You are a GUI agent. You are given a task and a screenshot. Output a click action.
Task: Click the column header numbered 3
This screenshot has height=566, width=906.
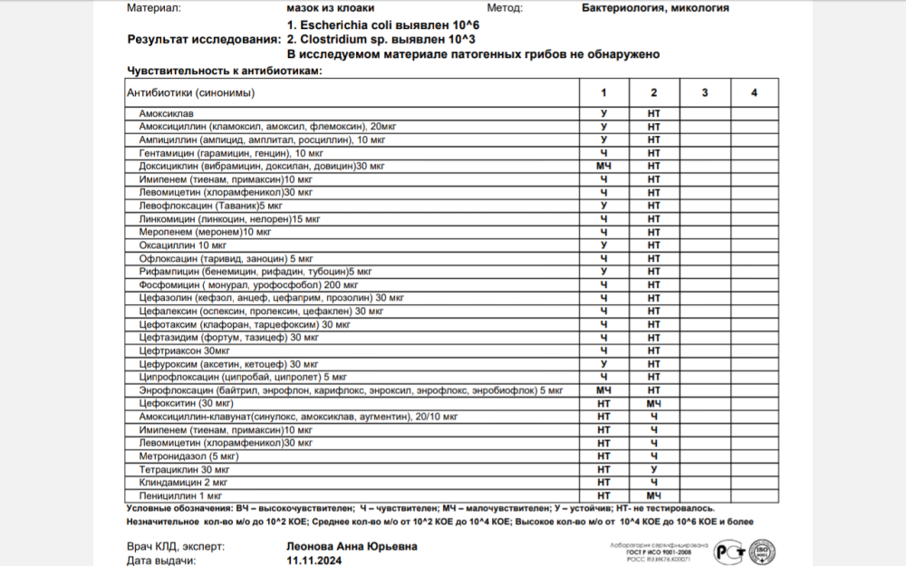(704, 92)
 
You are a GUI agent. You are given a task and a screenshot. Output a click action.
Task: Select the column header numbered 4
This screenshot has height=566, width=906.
(754, 92)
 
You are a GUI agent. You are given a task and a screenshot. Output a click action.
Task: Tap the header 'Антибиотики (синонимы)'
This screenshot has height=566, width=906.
(190, 92)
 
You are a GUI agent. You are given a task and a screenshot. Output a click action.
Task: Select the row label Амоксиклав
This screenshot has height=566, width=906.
(165, 114)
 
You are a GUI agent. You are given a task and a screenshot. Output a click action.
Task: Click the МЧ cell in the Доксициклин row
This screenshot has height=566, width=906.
(603, 167)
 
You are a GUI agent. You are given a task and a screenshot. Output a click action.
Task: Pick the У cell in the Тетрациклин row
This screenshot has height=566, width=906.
(653, 470)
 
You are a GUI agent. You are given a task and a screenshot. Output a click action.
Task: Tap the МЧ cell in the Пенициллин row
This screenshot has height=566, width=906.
(653, 496)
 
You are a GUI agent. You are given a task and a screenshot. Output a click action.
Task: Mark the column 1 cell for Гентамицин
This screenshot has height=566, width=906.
(603, 154)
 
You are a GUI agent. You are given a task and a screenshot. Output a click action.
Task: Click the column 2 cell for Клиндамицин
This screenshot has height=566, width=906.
(653, 483)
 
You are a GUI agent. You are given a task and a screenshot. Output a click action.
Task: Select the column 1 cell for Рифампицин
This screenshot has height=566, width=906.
(603, 272)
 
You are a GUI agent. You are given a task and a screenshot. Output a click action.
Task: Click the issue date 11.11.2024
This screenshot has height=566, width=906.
(314, 561)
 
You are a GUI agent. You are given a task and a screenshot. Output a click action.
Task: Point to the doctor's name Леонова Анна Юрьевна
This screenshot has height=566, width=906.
(352, 546)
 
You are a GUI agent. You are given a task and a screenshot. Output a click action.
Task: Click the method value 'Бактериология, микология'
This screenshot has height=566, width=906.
(655, 8)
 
